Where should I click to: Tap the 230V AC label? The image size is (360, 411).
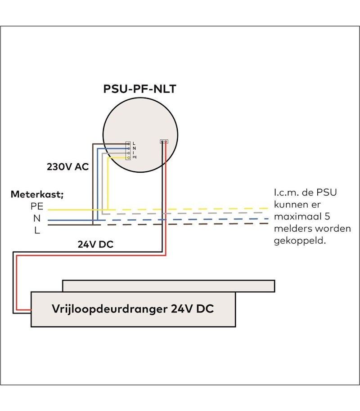[67, 166]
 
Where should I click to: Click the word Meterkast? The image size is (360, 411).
[37, 195]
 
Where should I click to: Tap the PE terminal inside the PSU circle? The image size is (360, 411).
[129, 158]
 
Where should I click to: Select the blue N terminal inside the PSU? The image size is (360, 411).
[129, 148]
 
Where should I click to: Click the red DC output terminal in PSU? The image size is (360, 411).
[166, 142]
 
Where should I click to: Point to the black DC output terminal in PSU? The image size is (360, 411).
[162, 142]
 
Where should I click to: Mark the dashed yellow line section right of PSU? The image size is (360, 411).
[216, 209]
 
